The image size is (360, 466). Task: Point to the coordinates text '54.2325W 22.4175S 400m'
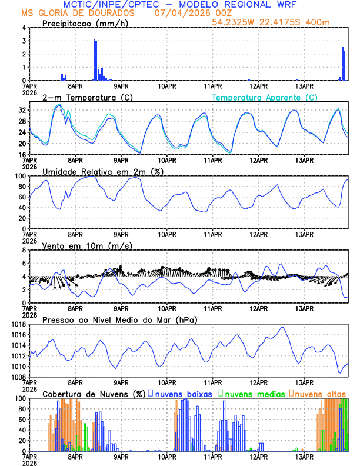pyautogui.click(x=279, y=22)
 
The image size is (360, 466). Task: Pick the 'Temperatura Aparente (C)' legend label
pyautogui.click(x=265, y=97)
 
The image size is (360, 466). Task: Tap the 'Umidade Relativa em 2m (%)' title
pyautogui.click(x=102, y=171)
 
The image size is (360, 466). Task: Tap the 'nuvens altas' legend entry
pyautogui.click(x=319, y=393)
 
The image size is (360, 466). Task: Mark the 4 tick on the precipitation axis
pyautogui.click(x=24, y=28)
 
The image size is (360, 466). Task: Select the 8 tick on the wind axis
pyautogui.click(x=24, y=250)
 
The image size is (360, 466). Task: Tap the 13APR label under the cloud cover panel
pyautogui.click(x=304, y=456)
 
